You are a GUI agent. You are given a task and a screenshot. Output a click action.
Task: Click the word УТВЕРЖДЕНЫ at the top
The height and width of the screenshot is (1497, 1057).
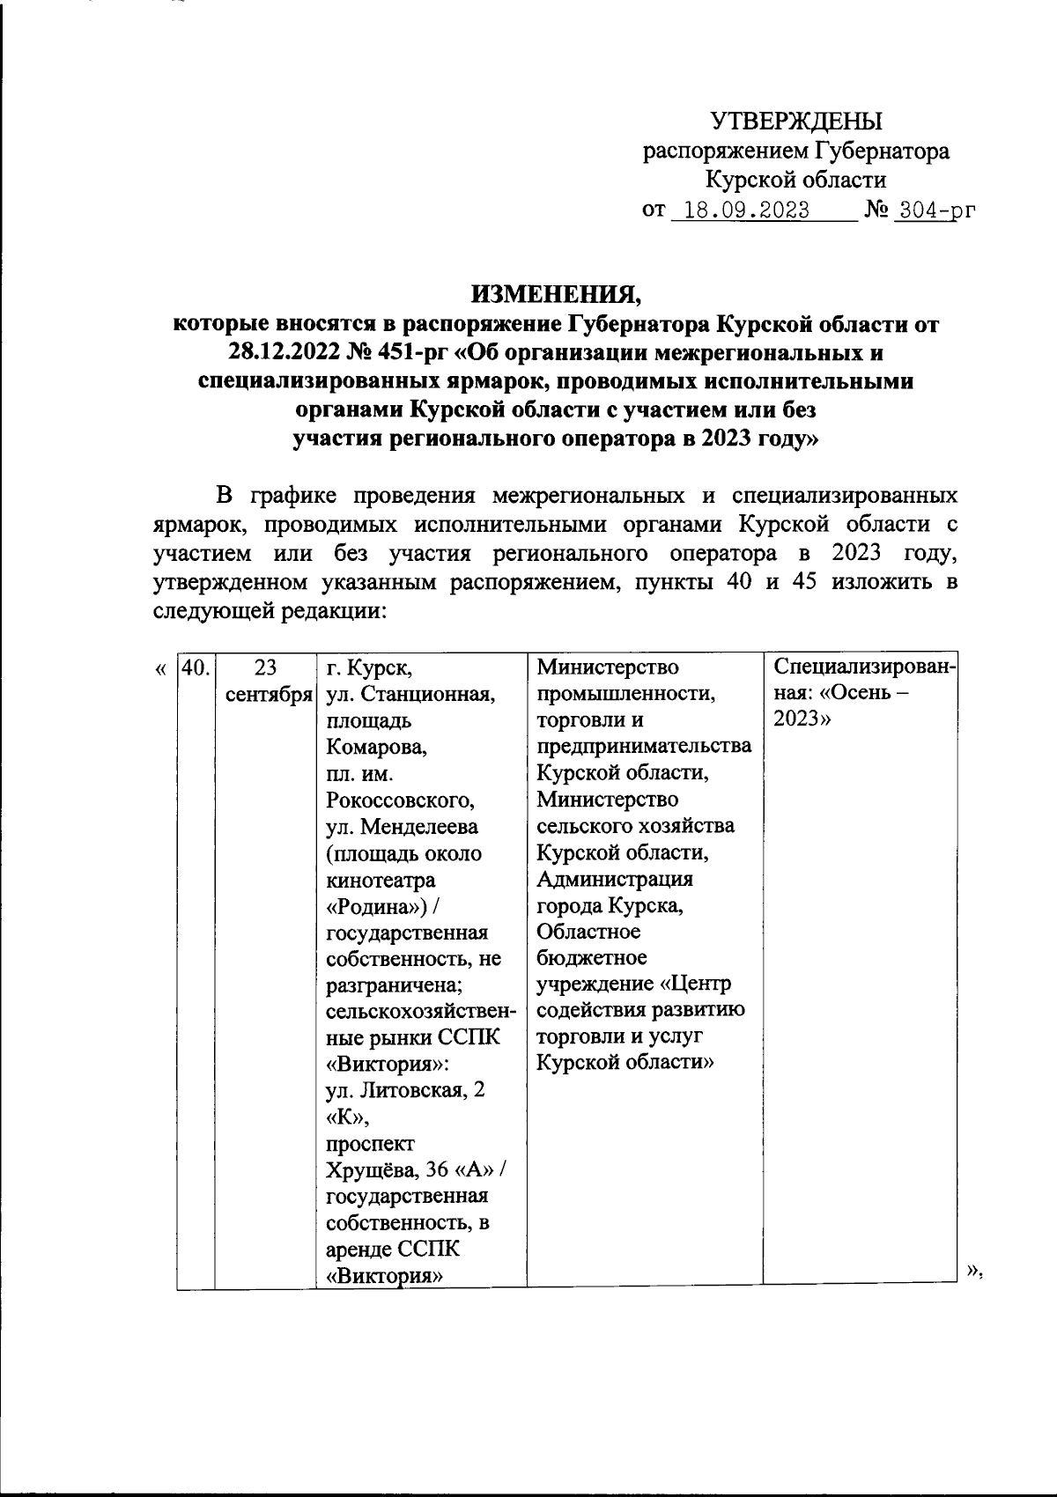[795, 121]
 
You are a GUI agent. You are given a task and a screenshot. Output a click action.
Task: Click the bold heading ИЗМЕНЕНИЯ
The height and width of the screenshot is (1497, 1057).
[557, 292]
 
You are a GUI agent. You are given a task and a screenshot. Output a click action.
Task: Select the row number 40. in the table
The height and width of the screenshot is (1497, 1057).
[196, 667]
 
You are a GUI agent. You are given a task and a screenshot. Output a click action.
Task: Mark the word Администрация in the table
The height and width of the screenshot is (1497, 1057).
[615, 879]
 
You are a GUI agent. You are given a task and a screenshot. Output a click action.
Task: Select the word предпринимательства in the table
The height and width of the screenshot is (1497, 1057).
[644, 746]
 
